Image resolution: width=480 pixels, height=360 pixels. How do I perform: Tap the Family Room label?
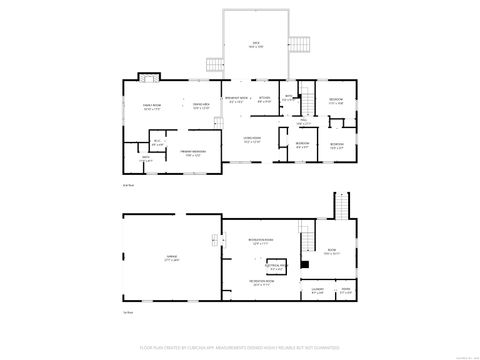[153, 106]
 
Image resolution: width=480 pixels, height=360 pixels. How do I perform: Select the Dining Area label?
[200, 106]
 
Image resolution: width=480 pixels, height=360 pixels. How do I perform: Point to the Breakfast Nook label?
[237, 99]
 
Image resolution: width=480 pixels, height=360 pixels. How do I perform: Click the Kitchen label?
[265, 99]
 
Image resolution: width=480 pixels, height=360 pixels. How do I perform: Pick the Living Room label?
[252, 140]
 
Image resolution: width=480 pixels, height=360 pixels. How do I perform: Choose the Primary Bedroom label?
[191, 153]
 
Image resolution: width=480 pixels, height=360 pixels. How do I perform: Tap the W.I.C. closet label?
[157, 142]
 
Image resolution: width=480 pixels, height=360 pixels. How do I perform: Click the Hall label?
[302, 121]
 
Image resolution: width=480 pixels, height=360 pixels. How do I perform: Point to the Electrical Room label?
[277, 267]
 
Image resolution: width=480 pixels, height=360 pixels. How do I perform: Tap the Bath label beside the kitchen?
[287, 98]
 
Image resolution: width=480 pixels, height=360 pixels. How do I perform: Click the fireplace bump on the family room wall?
[149, 78]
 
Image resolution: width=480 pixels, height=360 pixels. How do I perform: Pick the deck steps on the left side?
[213, 63]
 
